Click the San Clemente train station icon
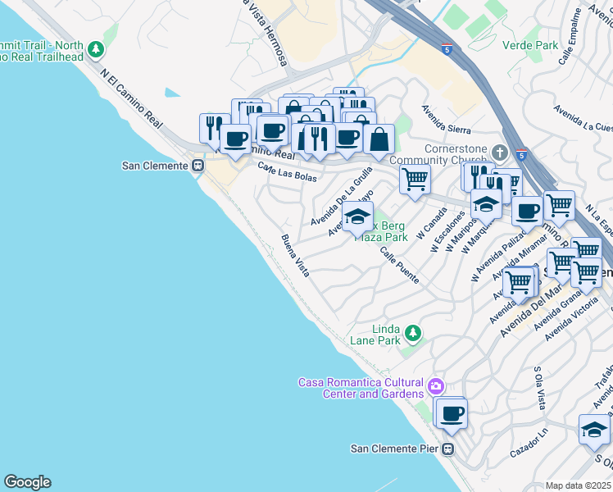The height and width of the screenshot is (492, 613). click(198, 166)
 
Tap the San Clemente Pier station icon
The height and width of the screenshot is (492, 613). click(448, 449)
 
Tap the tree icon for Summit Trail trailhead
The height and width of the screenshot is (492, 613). click(97, 50)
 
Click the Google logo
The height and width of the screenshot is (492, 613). click(27, 482)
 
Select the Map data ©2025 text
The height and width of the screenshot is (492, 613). click(578, 485)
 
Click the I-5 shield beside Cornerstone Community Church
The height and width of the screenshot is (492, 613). click(522, 153)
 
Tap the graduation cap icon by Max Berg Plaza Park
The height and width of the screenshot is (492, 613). click(357, 216)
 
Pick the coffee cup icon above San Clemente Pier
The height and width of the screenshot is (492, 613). click(451, 413)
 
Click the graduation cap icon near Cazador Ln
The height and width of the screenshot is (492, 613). click(594, 429)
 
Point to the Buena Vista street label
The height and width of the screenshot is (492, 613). click(295, 256)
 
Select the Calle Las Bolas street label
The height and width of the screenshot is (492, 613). click(287, 173)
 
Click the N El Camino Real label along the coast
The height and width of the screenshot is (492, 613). click(132, 98)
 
